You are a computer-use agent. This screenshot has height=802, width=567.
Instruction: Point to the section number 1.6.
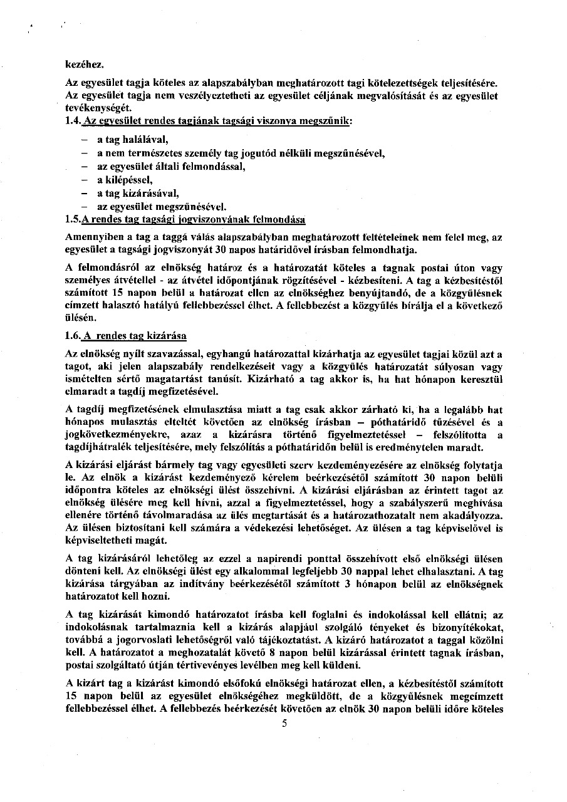click(x=73, y=336)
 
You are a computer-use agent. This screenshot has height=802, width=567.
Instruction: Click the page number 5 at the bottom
click(x=284, y=723)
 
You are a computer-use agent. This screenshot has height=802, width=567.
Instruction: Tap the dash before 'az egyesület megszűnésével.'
click(x=83, y=207)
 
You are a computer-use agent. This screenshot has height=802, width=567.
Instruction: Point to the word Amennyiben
click(x=95, y=238)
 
